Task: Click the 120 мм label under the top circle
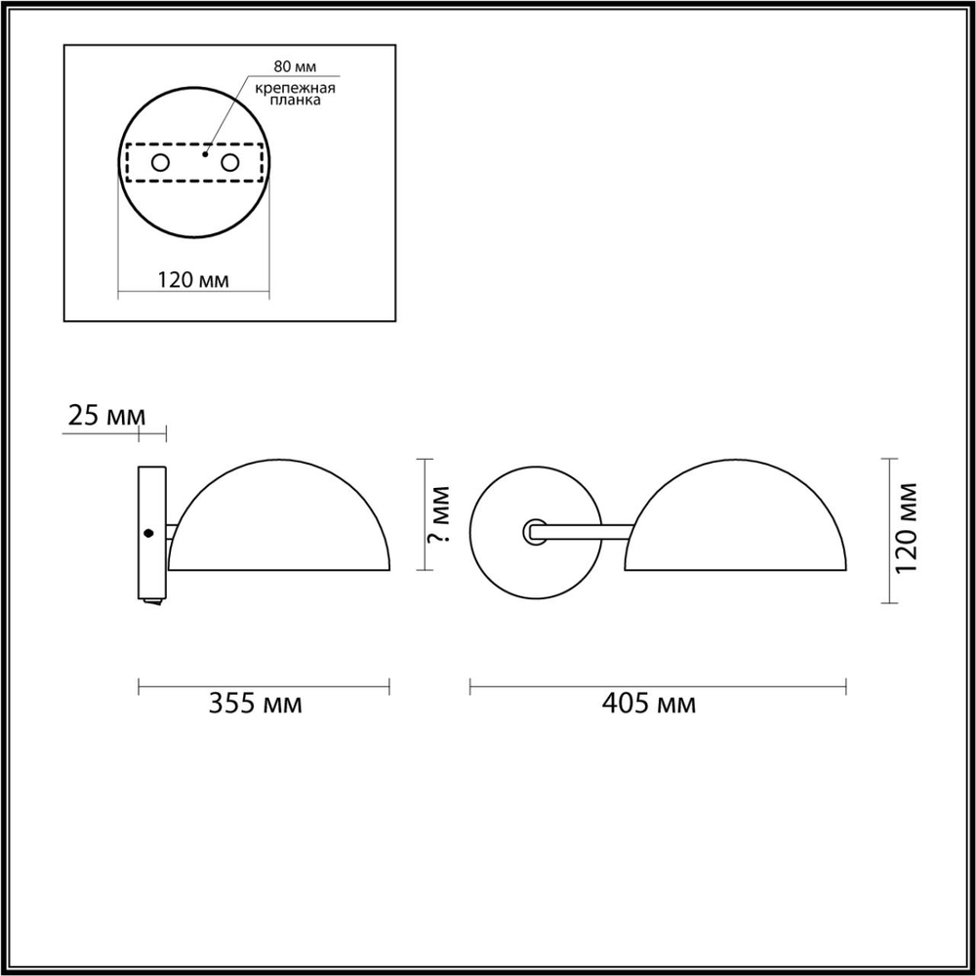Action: (193, 280)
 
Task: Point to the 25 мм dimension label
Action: (101, 417)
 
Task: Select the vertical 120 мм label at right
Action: (909, 528)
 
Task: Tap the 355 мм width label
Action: (256, 704)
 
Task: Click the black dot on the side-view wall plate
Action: (149, 533)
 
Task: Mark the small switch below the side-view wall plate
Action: (150, 604)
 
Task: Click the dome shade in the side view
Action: (280, 522)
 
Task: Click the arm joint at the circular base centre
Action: (535, 531)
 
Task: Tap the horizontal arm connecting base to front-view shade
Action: (586, 531)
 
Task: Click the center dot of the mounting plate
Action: (205, 153)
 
